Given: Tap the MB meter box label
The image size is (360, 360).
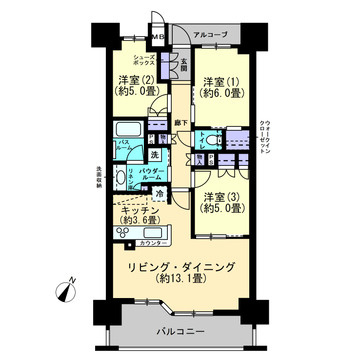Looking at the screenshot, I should point(158,39).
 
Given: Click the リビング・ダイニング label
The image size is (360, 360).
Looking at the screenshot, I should point(180,268).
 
